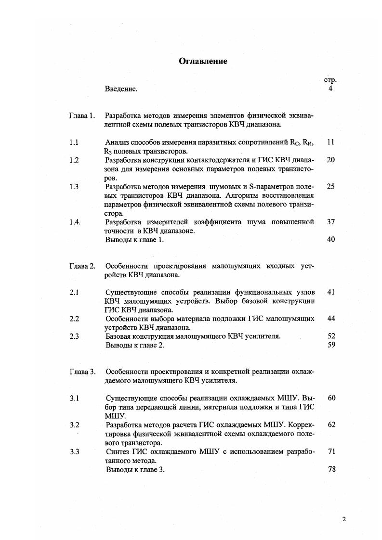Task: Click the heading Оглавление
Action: click(203, 61)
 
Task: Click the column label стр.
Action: click(330, 80)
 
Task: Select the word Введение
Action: click(121, 89)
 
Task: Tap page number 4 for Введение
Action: click(330, 89)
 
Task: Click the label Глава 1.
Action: click(82, 116)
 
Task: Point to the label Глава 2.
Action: click(82, 266)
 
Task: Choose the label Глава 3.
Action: click(82, 372)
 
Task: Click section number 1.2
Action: click(74, 160)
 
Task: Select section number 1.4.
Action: click(75, 222)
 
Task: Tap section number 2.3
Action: click(74, 336)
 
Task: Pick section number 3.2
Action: click(74, 425)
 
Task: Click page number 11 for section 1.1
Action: click(330, 142)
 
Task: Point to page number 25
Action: click(330, 186)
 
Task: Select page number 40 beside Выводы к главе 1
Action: click(330, 240)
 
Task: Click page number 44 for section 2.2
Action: click(331, 319)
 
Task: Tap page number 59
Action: click(331, 345)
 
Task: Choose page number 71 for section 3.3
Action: click(331, 451)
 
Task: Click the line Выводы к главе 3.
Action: click(135, 470)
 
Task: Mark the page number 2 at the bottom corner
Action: click(344, 519)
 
